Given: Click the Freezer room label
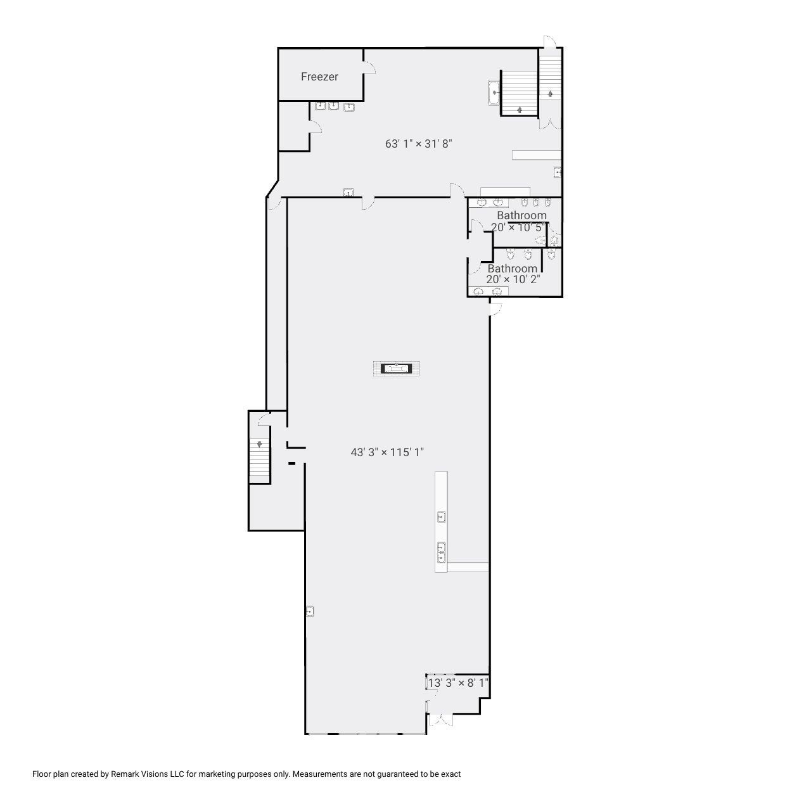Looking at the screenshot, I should (319, 77).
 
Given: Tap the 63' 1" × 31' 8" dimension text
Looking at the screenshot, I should (418, 144).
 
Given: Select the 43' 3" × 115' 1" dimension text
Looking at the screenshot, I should (386, 452).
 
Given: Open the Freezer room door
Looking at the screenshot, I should (369, 67).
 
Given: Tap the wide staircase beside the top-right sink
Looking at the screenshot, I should (520, 93).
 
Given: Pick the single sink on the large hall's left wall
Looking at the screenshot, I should (310, 611).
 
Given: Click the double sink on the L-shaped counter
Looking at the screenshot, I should (441, 552).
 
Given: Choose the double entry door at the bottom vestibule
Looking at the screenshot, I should (440, 720).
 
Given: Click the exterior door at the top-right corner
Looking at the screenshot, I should (549, 42).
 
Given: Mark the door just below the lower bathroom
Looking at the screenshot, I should (496, 309).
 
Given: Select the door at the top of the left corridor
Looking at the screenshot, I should (274, 203).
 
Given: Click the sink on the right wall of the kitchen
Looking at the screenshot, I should (558, 172).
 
